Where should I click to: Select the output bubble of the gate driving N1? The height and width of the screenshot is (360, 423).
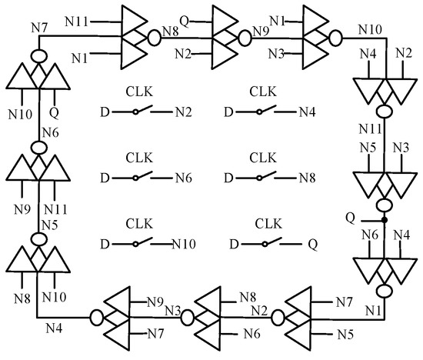[x=385, y=292]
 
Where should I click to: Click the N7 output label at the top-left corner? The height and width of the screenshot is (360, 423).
[x=40, y=29]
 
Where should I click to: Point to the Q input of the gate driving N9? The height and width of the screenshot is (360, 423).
[x=185, y=15]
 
